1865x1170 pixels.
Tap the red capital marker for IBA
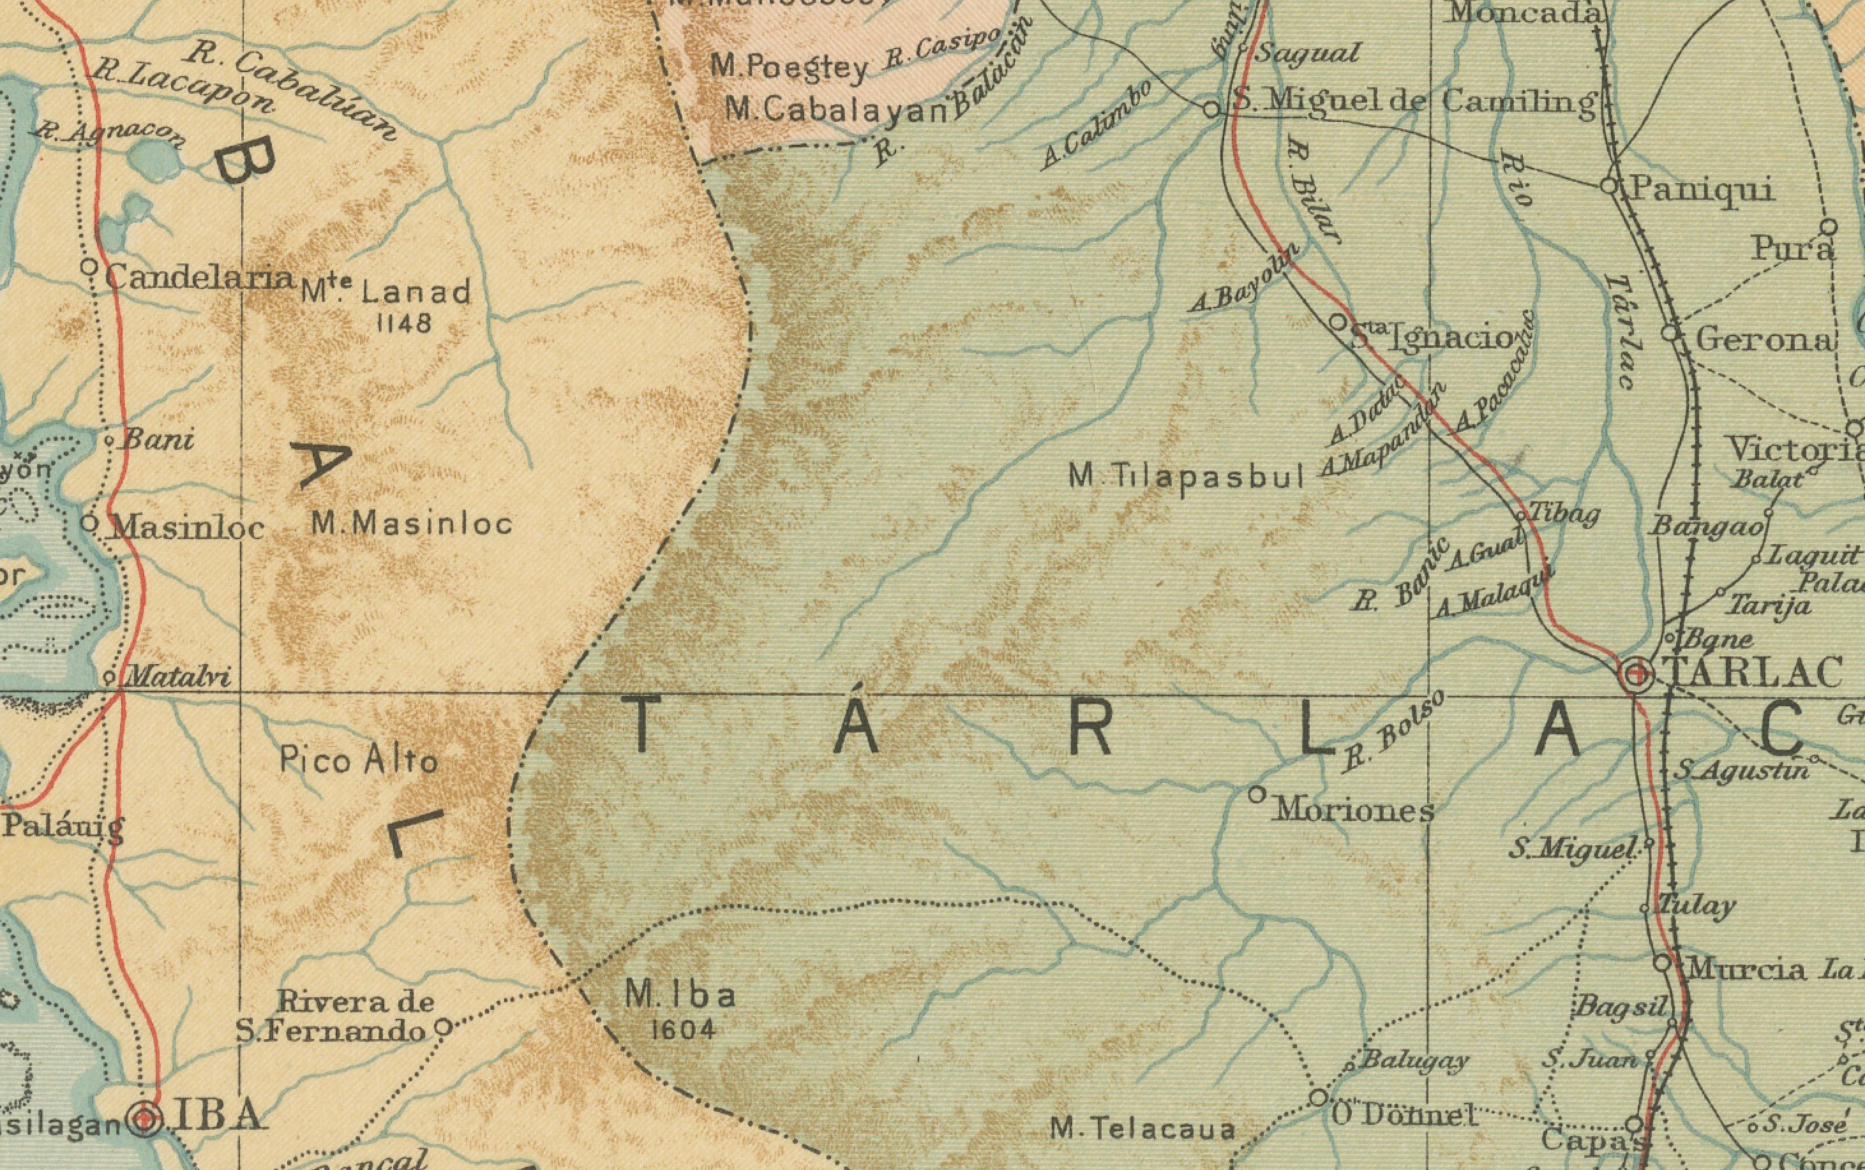(x=145, y=1118)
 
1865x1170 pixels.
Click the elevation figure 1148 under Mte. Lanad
(x=403, y=323)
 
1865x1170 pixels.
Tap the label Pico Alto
(x=359, y=760)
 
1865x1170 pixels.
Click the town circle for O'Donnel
(x=1319, y=1097)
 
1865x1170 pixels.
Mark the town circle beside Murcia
(x=1662, y=963)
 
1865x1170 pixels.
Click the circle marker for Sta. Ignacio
(x=1338, y=321)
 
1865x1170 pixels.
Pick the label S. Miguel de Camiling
(x=1413, y=101)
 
